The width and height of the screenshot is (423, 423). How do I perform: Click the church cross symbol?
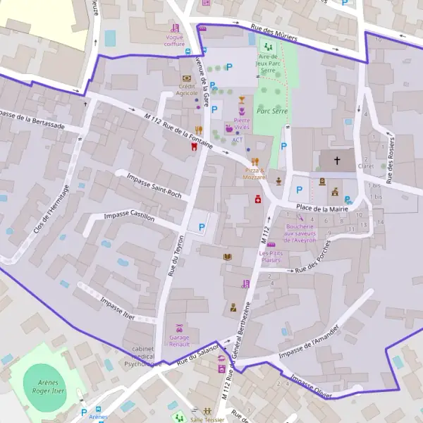click(337, 161)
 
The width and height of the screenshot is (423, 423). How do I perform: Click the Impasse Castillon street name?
click(129, 217)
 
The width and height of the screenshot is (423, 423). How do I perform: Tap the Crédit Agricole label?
click(187, 90)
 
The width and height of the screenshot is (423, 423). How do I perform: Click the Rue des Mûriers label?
click(274, 33)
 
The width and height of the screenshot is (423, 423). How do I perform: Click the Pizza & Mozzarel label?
click(255, 174)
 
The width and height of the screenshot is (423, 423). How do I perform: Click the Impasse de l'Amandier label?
click(309, 343)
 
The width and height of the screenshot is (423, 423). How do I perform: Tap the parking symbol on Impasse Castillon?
click(202, 227)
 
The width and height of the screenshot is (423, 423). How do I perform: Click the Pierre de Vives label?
click(238, 124)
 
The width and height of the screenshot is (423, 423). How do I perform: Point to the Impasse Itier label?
click(117, 307)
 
